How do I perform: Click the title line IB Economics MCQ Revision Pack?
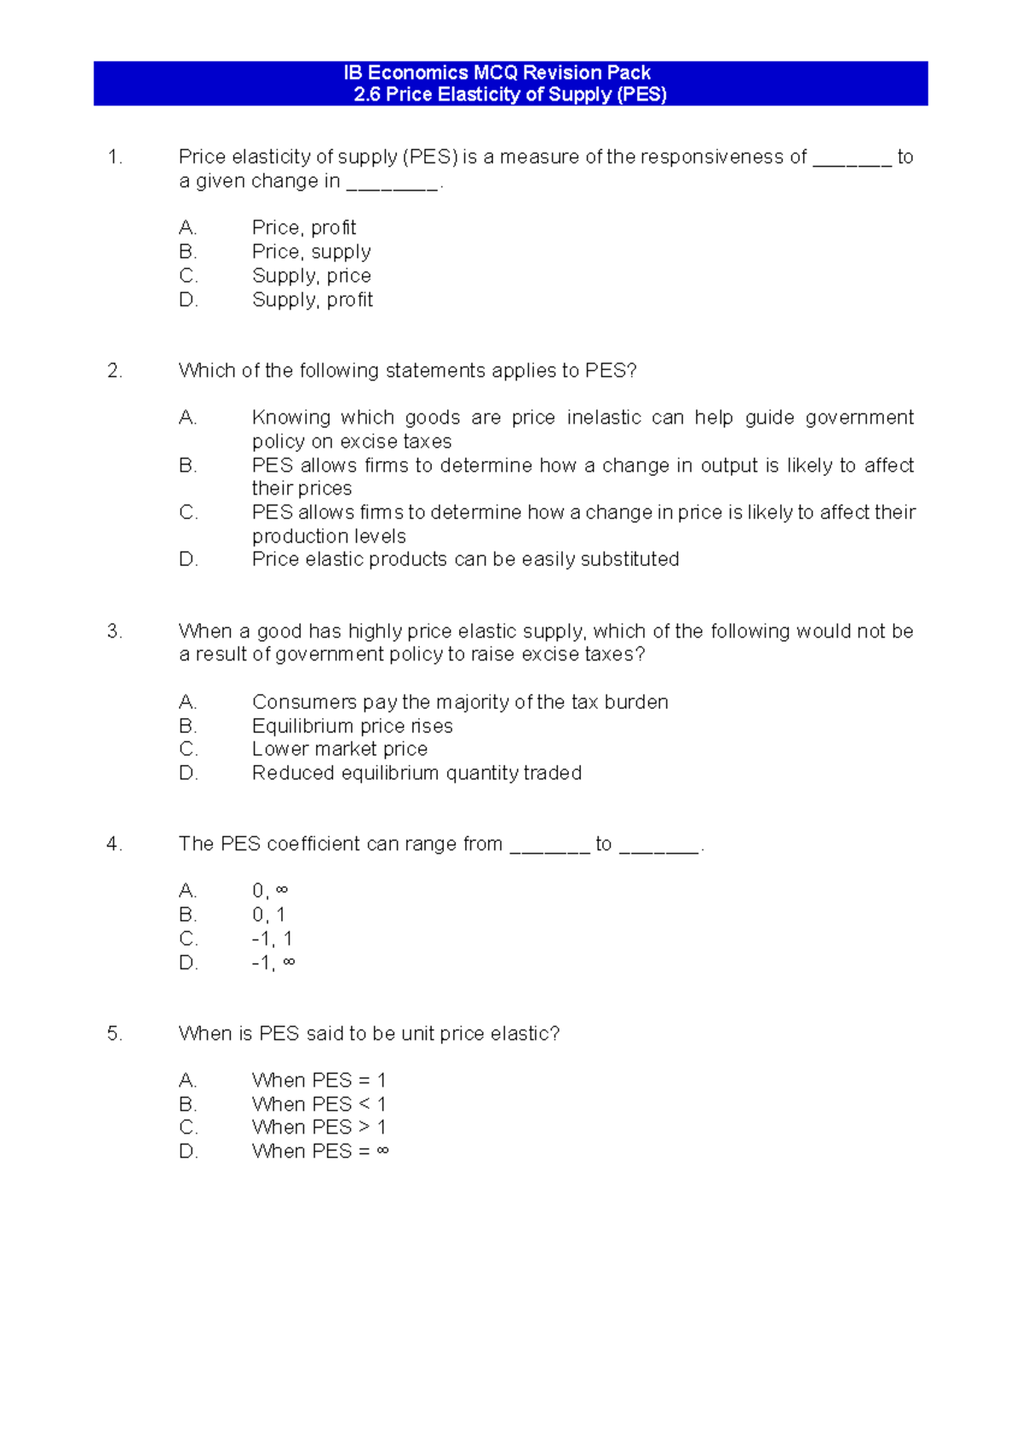pyautogui.click(x=497, y=73)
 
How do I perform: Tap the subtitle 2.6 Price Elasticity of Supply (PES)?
pyautogui.click(x=509, y=94)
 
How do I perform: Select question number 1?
pyautogui.click(x=115, y=157)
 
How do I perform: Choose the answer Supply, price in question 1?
pyautogui.click(x=311, y=276)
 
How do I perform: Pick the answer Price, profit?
pyautogui.click(x=303, y=228)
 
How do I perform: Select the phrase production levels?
pyautogui.click(x=329, y=536)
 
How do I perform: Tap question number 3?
pyautogui.click(x=114, y=631)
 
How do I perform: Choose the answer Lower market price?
pyautogui.click(x=339, y=749)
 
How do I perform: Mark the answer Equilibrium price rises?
pyautogui.click(x=352, y=726)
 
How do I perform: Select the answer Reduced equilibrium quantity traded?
pyautogui.click(x=416, y=773)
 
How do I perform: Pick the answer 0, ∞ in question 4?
pyautogui.click(x=270, y=891)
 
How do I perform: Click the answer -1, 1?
pyautogui.click(x=272, y=939)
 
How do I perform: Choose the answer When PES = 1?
pyautogui.click(x=319, y=1080)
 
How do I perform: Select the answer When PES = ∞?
pyautogui.click(x=320, y=1151)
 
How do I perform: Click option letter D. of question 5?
pyautogui.click(x=188, y=1151)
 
